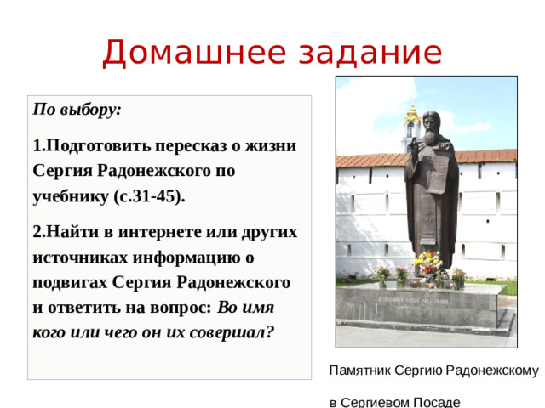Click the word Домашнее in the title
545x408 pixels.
pos(182,53)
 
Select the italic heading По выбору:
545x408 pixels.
pos(77,110)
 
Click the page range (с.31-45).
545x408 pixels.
pos(149,196)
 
